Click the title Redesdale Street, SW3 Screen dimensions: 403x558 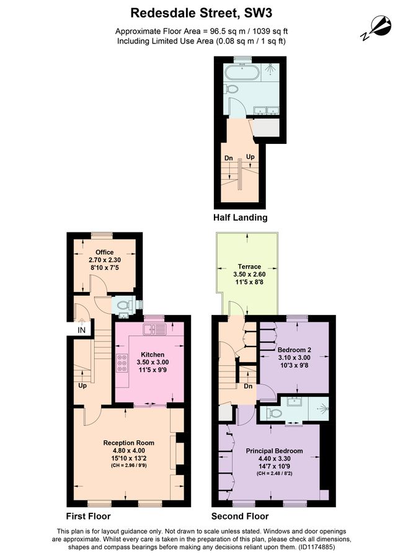[201, 13]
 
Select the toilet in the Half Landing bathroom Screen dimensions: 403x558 [232, 89]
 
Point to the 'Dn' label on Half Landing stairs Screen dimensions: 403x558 [229, 158]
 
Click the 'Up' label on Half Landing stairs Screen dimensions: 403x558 [250, 157]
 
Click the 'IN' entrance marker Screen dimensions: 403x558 [82, 330]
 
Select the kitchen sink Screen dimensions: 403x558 [154, 329]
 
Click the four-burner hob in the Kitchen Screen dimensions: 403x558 [122, 363]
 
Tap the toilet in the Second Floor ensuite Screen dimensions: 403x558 [275, 413]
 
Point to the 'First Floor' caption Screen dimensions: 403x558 [88, 516]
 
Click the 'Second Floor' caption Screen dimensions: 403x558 [240, 516]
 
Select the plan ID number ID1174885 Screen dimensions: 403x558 [316, 547]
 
